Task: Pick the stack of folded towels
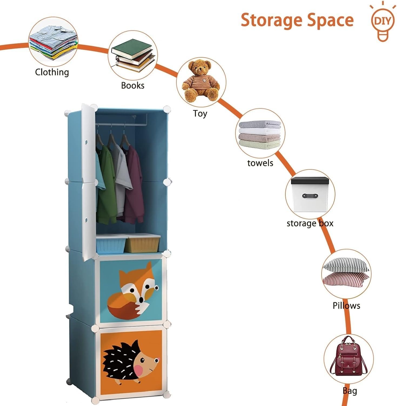tap(260, 135)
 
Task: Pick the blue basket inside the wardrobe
tap(111, 244)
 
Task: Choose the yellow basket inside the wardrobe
tap(142, 243)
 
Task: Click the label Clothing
tap(52, 72)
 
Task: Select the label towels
tap(260, 163)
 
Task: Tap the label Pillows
tap(346, 306)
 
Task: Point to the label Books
tap(132, 86)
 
